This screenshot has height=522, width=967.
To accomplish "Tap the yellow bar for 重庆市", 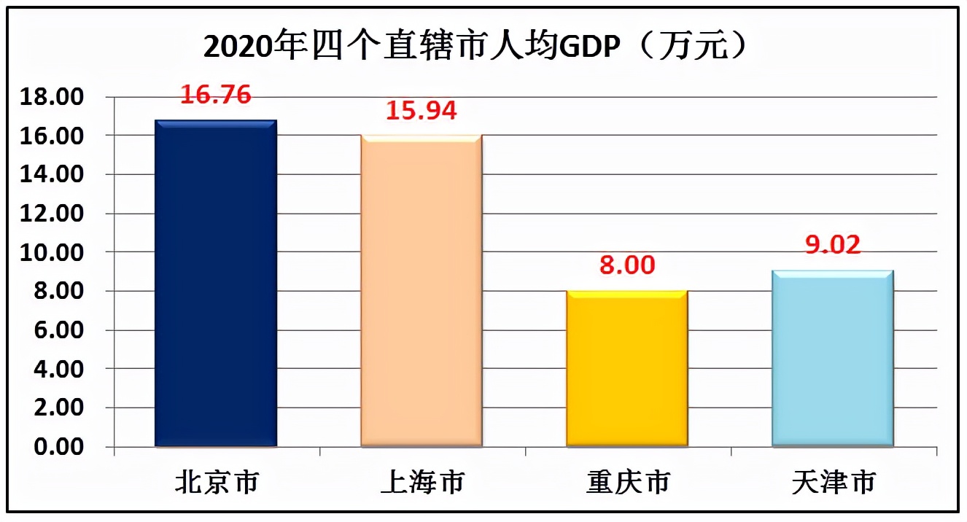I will click(627, 368).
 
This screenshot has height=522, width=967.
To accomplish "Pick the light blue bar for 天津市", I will click(833, 358).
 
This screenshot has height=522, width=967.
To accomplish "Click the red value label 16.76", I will click(217, 94).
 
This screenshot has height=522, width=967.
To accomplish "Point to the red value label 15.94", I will click(422, 110).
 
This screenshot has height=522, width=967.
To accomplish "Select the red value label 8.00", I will click(627, 265).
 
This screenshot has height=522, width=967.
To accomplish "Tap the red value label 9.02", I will click(833, 244).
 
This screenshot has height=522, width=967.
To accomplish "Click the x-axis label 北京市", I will click(217, 483).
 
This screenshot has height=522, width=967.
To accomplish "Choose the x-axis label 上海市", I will click(422, 483).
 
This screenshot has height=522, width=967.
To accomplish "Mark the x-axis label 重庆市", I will click(628, 483).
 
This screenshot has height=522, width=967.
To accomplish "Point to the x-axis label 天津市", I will click(834, 483).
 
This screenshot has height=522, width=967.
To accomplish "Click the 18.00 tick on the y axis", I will click(55, 97).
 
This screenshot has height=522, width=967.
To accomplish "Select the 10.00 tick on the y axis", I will click(55, 253).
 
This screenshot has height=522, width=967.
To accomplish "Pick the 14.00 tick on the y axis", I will click(55, 175).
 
